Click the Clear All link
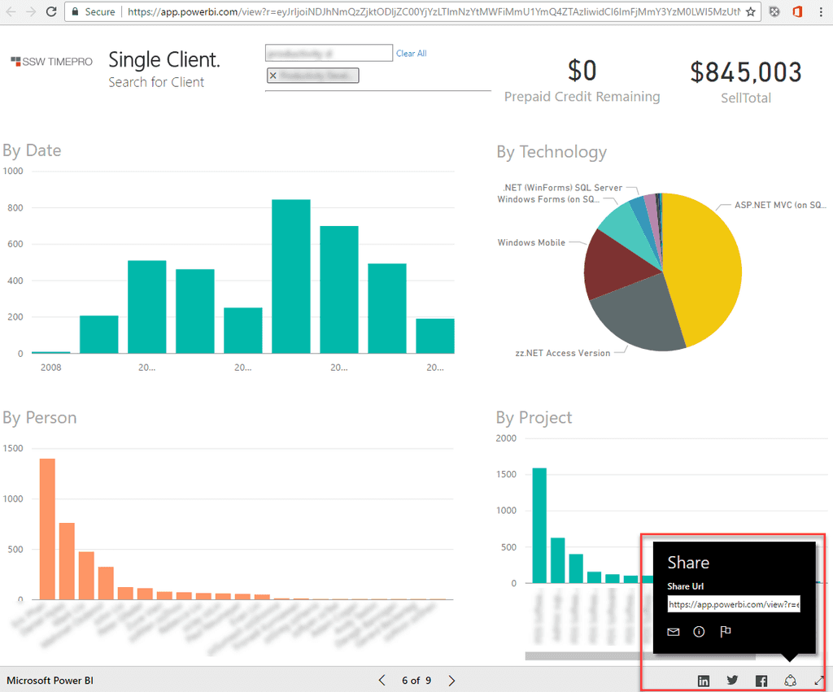pyautogui.click(x=411, y=54)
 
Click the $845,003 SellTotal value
pyautogui.click(x=746, y=72)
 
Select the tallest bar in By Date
pyautogui.click(x=290, y=276)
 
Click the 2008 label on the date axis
pyautogui.click(x=50, y=367)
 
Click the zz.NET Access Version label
pyautogui.click(x=562, y=353)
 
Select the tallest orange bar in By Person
pyautogui.click(x=47, y=529)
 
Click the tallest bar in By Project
pyautogui.click(x=539, y=525)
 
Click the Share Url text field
pyautogui.click(x=734, y=605)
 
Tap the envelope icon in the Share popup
pyautogui.click(x=674, y=632)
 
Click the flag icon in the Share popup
pyautogui.click(x=726, y=632)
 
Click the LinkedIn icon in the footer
pyautogui.click(x=704, y=681)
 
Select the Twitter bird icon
pyautogui.click(x=732, y=680)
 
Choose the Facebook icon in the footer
pyautogui.click(x=761, y=681)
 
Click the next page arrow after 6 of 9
pyautogui.click(x=452, y=680)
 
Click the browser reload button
pyautogui.click(x=51, y=12)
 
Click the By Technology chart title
pyautogui.click(x=552, y=152)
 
